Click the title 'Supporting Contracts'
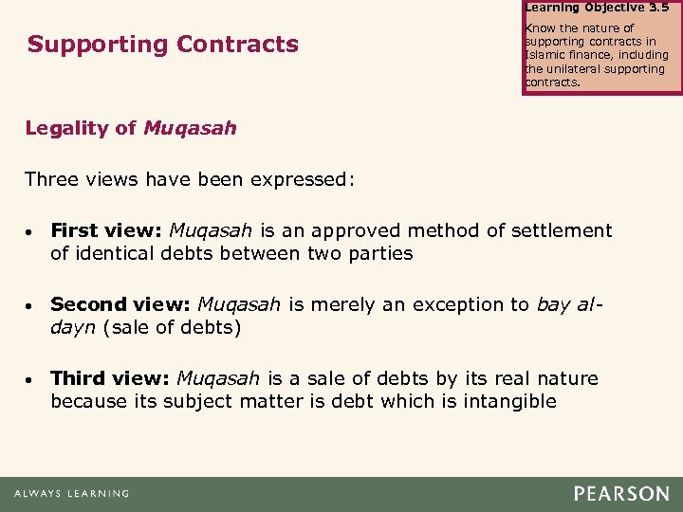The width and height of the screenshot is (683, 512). (162, 44)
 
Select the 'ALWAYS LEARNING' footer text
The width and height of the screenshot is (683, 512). (71, 493)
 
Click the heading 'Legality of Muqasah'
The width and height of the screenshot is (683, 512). (131, 128)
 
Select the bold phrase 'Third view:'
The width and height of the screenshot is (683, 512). (110, 378)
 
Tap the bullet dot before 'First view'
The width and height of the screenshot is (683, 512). (31, 231)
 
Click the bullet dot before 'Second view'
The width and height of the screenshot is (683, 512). (31, 305)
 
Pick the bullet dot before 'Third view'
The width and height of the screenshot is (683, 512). (31, 379)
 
